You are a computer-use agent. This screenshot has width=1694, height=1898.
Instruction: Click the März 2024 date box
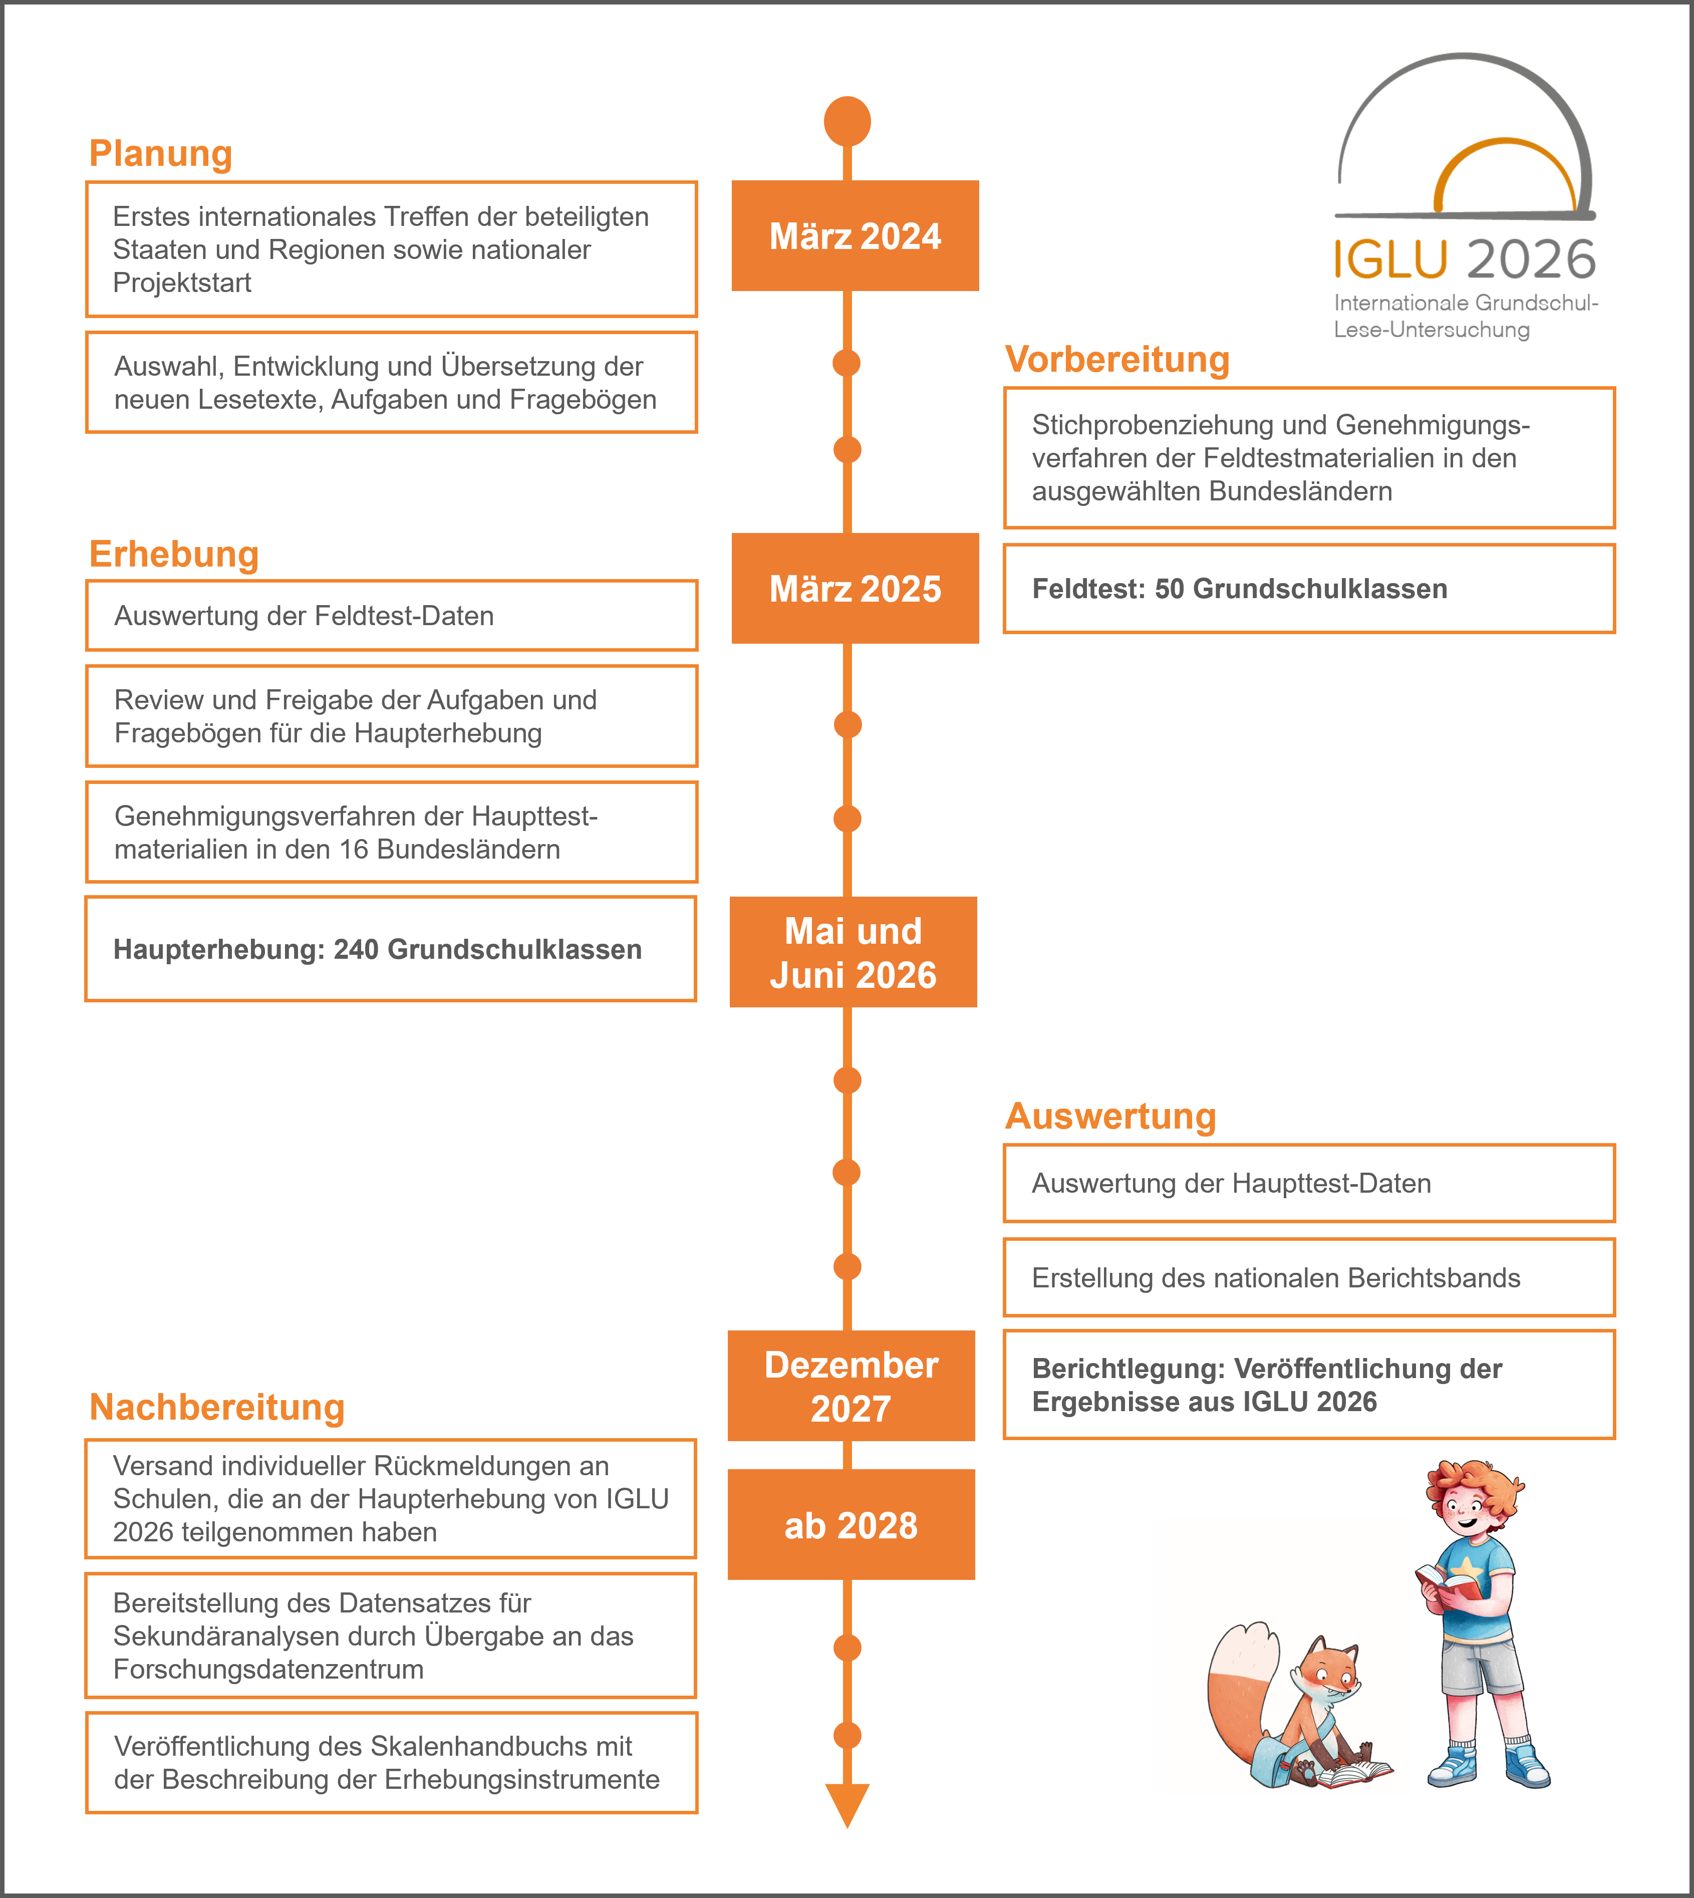click(x=855, y=235)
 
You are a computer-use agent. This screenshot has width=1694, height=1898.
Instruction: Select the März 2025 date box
click(x=855, y=588)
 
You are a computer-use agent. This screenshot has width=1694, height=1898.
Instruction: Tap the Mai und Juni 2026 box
click(x=853, y=952)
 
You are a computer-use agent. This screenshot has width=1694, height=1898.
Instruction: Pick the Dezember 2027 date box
click(x=851, y=1386)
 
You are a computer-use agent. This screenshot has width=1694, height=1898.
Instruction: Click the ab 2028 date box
click(x=851, y=1525)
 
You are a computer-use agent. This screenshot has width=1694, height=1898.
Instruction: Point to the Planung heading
click(x=160, y=154)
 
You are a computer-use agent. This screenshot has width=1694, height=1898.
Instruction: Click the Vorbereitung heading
click(x=1117, y=359)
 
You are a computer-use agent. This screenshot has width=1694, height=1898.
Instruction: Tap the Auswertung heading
click(x=1110, y=1116)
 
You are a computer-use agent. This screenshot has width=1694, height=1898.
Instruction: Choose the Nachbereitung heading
click(x=217, y=1408)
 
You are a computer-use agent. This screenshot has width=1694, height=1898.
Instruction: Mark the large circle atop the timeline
click(x=847, y=121)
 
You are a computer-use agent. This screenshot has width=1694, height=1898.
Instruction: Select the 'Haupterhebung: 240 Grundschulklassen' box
click(x=391, y=949)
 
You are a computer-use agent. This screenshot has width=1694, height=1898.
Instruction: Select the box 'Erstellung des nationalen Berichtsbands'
click(x=1309, y=1278)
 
